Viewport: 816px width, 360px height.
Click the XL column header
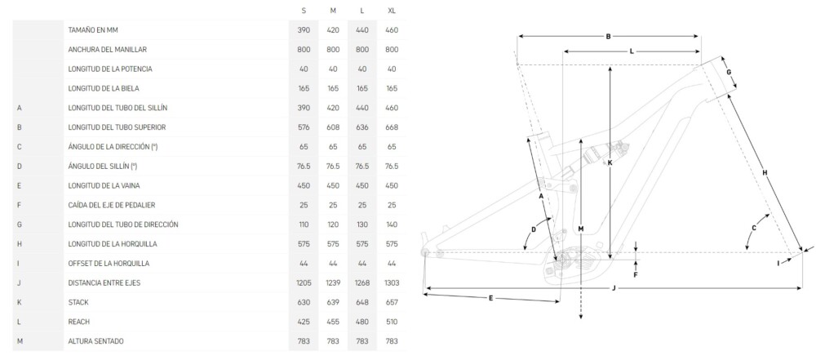(392, 11)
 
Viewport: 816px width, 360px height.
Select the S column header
(304, 11)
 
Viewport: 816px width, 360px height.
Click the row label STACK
(78, 302)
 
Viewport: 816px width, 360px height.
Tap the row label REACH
(78, 322)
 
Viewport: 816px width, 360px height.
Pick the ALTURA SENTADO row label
(95, 341)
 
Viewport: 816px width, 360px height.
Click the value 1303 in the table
(392, 283)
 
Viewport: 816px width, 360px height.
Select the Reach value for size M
(333, 322)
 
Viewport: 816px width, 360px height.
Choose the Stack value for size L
(362, 302)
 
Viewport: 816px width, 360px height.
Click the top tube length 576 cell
(304, 127)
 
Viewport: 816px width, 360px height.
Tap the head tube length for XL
(392, 224)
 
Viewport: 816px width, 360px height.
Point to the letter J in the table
(19, 283)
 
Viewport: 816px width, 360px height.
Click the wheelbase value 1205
(304, 283)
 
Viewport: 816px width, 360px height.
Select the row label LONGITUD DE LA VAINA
(104, 185)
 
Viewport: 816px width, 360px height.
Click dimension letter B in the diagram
(608, 37)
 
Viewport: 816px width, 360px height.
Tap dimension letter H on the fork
(765, 172)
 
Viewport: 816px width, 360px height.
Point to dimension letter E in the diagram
(490, 298)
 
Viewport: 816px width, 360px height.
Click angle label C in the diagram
(753, 228)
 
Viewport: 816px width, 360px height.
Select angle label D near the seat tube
(534, 229)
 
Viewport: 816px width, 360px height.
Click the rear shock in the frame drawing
(604, 152)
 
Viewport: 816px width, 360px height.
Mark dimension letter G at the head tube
(729, 71)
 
